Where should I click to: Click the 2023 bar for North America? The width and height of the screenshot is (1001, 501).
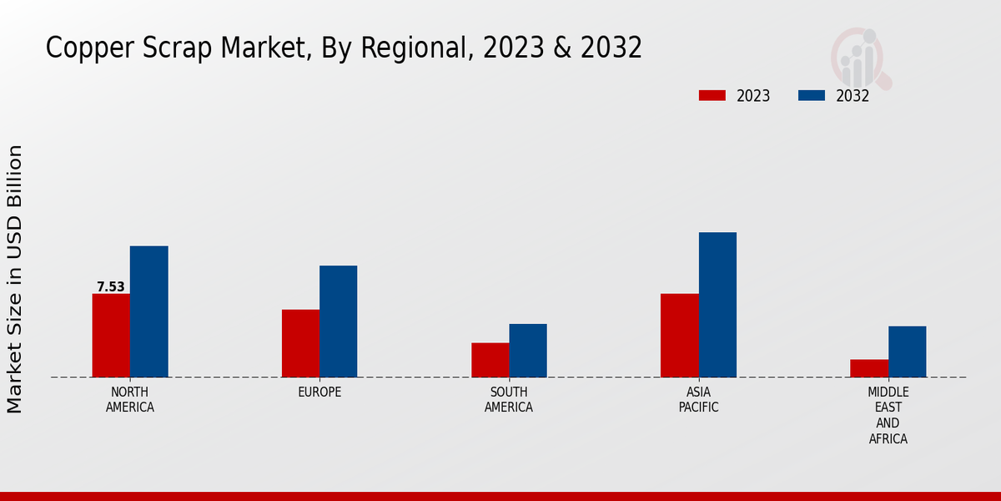coord(111,335)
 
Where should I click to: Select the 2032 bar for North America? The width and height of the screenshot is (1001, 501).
coord(148,311)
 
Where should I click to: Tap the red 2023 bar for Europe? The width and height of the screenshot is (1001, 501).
coord(300,343)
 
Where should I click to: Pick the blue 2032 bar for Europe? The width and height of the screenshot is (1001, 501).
coord(338,321)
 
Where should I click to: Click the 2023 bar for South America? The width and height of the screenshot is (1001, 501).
coord(490,360)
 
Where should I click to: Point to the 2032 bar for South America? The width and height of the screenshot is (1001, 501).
coord(528,351)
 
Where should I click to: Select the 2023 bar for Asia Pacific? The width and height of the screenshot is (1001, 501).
coord(679,335)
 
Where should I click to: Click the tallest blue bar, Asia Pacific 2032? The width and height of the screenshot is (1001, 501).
coord(717,305)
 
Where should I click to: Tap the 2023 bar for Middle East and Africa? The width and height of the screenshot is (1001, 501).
coord(869,368)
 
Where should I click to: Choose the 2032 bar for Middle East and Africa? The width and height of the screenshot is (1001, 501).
coord(907,352)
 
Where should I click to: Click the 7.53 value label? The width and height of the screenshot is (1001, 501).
coord(110,287)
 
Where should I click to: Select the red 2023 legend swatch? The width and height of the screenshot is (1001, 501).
coord(712,95)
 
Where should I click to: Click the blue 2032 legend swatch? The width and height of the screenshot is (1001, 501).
coord(811,95)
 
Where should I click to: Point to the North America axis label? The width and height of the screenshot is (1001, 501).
coord(129,399)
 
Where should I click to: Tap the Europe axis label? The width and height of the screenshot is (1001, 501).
coord(319,392)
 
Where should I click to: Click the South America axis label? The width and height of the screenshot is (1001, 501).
coord(509,399)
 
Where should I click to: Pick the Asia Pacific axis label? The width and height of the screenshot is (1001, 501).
coord(698,399)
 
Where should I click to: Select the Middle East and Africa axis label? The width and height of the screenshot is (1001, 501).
coord(888,415)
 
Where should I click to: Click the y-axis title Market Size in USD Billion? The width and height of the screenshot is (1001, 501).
coord(15,279)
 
